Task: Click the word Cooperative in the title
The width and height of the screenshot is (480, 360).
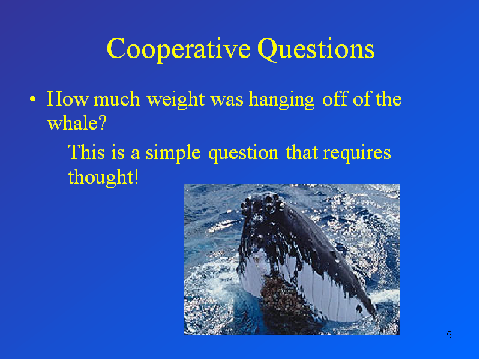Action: click(179, 49)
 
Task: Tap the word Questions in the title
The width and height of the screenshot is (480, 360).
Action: click(316, 49)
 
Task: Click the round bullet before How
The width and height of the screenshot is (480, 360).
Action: click(33, 99)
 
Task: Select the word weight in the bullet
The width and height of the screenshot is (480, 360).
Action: click(175, 100)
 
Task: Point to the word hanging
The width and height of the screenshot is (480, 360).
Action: click(281, 100)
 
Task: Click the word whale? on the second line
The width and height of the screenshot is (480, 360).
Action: click(77, 123)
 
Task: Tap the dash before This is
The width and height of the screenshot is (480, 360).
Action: click(58, 153)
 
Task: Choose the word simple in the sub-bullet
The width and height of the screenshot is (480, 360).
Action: click(173, 153)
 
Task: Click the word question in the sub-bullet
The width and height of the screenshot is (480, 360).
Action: click(244, 153)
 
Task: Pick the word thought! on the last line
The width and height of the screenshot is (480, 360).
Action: click(103, 177)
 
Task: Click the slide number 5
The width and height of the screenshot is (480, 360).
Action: click(449, 335)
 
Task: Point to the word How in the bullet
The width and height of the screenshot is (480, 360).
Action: click(68, 99)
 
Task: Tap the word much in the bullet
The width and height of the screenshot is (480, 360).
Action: click(116, 99)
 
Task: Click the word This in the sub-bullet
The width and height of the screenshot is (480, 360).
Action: click(86, 152)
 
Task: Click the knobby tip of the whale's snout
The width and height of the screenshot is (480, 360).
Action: click(262, 203)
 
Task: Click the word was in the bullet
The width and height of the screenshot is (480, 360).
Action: click(227, 101)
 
